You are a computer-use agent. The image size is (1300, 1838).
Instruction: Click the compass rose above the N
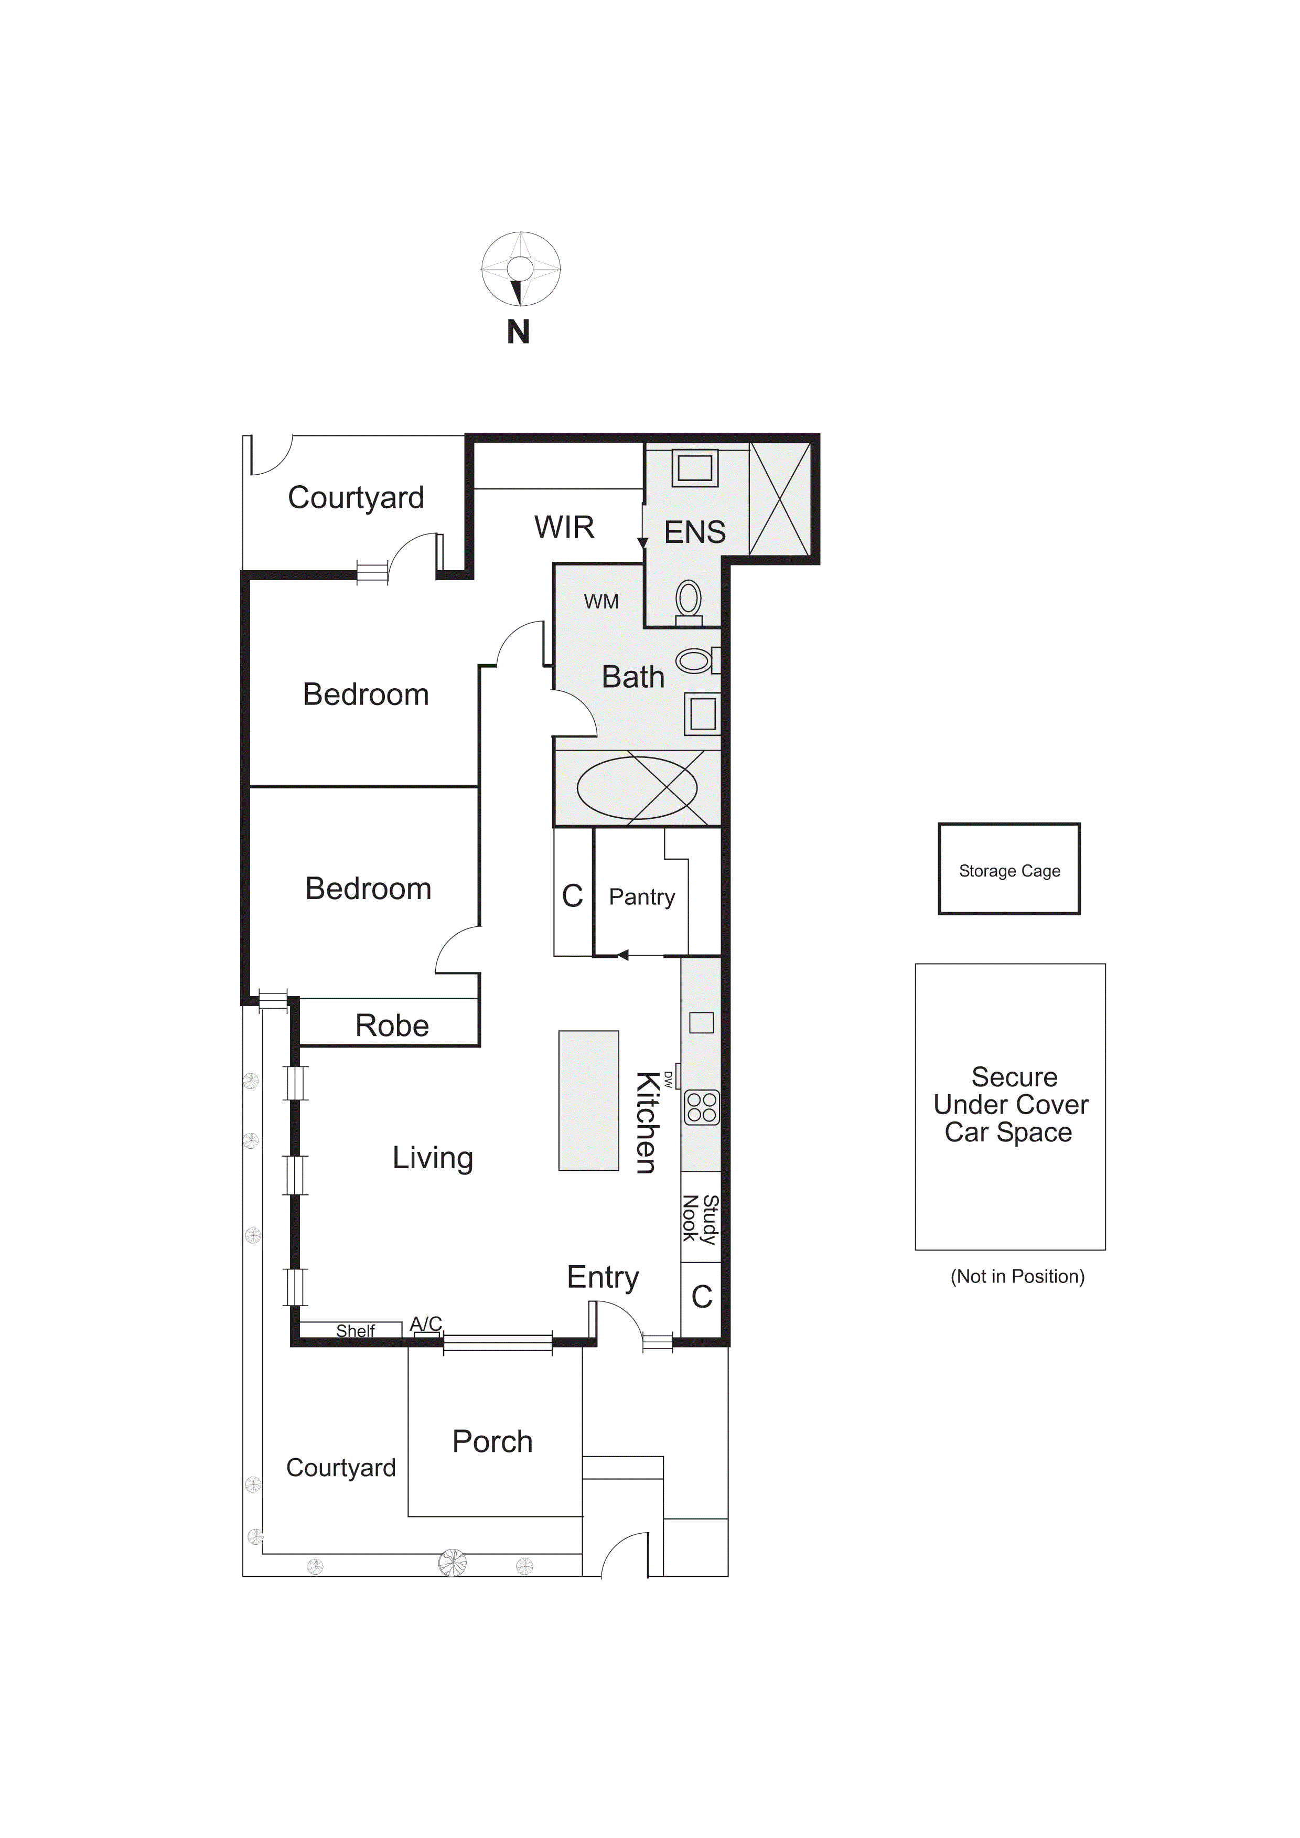(x=520, y=269)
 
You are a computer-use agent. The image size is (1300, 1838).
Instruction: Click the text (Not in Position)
(x=1017, y=1276)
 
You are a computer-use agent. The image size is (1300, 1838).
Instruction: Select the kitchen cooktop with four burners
(x=702, y=1107)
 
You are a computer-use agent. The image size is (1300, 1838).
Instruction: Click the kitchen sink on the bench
(x=701, y=1022)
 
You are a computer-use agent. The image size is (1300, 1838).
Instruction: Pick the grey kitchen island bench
(x=588, y=1100)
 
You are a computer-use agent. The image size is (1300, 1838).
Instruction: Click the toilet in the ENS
(x=689, y=602)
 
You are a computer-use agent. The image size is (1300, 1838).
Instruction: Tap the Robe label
(x=392, y=1025)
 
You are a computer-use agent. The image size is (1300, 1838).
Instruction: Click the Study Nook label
(x=700, y=1219)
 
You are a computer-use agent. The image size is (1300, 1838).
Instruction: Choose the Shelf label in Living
(x=356, y=1330)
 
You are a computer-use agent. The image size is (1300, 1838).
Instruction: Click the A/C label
(x=426, y=1324)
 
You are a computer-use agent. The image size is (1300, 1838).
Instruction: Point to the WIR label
(x=564, y=528)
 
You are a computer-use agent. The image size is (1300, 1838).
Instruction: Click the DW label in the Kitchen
(x=669, y=1079)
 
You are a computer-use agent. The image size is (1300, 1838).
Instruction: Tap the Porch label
(x=492, y=1442)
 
